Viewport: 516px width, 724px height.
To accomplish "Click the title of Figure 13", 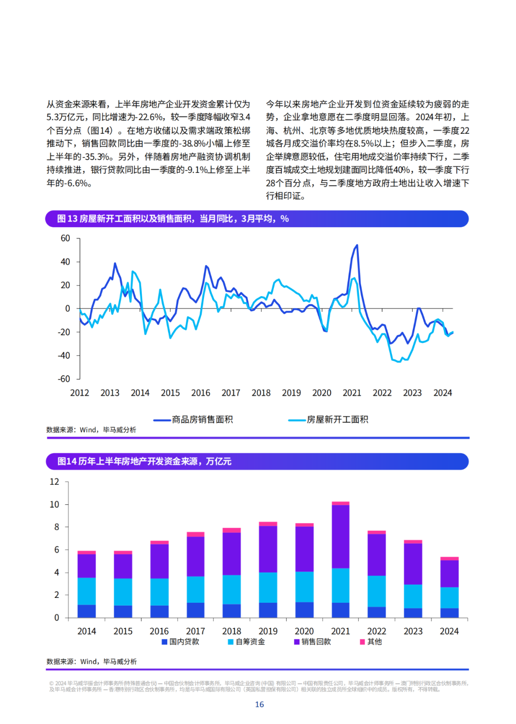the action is click(x=172, y=219).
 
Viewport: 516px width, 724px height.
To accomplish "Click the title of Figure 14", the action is click(x=144, y=461).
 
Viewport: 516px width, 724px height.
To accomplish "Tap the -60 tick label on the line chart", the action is click(x=64, y=379).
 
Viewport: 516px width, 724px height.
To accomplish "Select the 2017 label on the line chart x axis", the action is click(x=230, y=393).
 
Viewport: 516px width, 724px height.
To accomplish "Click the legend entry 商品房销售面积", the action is click(x=193, y=419).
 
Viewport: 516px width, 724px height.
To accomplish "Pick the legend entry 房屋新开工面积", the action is click(x=328, y=419).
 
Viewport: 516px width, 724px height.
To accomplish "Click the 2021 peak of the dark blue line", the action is click(x=357, y=245).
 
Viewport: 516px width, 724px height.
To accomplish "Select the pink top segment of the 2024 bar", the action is click(x=450, y=559).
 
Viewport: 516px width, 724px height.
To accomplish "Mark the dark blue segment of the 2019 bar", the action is click(x=268, y=610).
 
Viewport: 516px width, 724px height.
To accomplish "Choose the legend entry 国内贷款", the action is click(x=181, y=642).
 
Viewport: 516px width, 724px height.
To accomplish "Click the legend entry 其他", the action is click(x=371, y=642).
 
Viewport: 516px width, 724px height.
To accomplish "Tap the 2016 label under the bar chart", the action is click(x=159, y=631).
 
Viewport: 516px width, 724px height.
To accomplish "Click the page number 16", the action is click(x=259, y=704).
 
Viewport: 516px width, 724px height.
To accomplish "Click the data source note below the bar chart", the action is click(x=92, y=661).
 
